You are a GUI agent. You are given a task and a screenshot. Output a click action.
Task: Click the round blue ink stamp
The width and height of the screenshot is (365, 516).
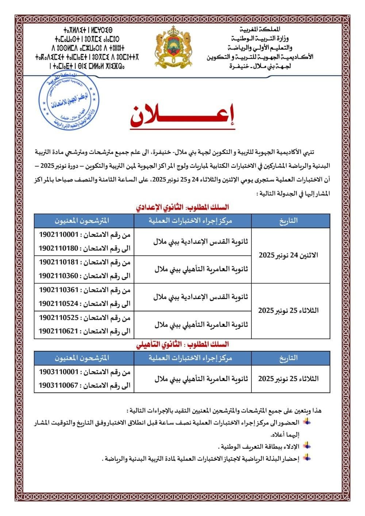pos(67,103)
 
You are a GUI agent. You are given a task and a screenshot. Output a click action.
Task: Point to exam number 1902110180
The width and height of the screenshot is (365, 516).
pos(59,248)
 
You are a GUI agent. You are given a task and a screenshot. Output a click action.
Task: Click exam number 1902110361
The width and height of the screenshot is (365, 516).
pos(59,290)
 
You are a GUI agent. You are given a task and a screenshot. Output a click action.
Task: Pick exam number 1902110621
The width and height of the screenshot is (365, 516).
pos(59,331)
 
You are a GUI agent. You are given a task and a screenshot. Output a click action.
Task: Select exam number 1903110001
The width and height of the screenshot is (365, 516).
pos(59,372)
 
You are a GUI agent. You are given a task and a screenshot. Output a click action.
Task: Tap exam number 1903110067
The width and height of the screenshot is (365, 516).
pos(59,385)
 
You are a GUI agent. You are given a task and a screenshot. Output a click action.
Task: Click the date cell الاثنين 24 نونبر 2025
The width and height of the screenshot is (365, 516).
pos(288,255)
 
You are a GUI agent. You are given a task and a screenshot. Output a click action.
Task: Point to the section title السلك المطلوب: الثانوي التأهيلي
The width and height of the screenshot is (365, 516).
pos(182,344)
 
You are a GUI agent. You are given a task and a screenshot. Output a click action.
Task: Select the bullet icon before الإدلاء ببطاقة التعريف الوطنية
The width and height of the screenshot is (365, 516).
pos(307,445)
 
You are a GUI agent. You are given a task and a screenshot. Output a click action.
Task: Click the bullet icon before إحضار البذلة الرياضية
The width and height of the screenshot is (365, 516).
pos(307,457)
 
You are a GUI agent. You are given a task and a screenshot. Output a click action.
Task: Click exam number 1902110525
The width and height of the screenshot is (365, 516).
pos(59,318)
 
